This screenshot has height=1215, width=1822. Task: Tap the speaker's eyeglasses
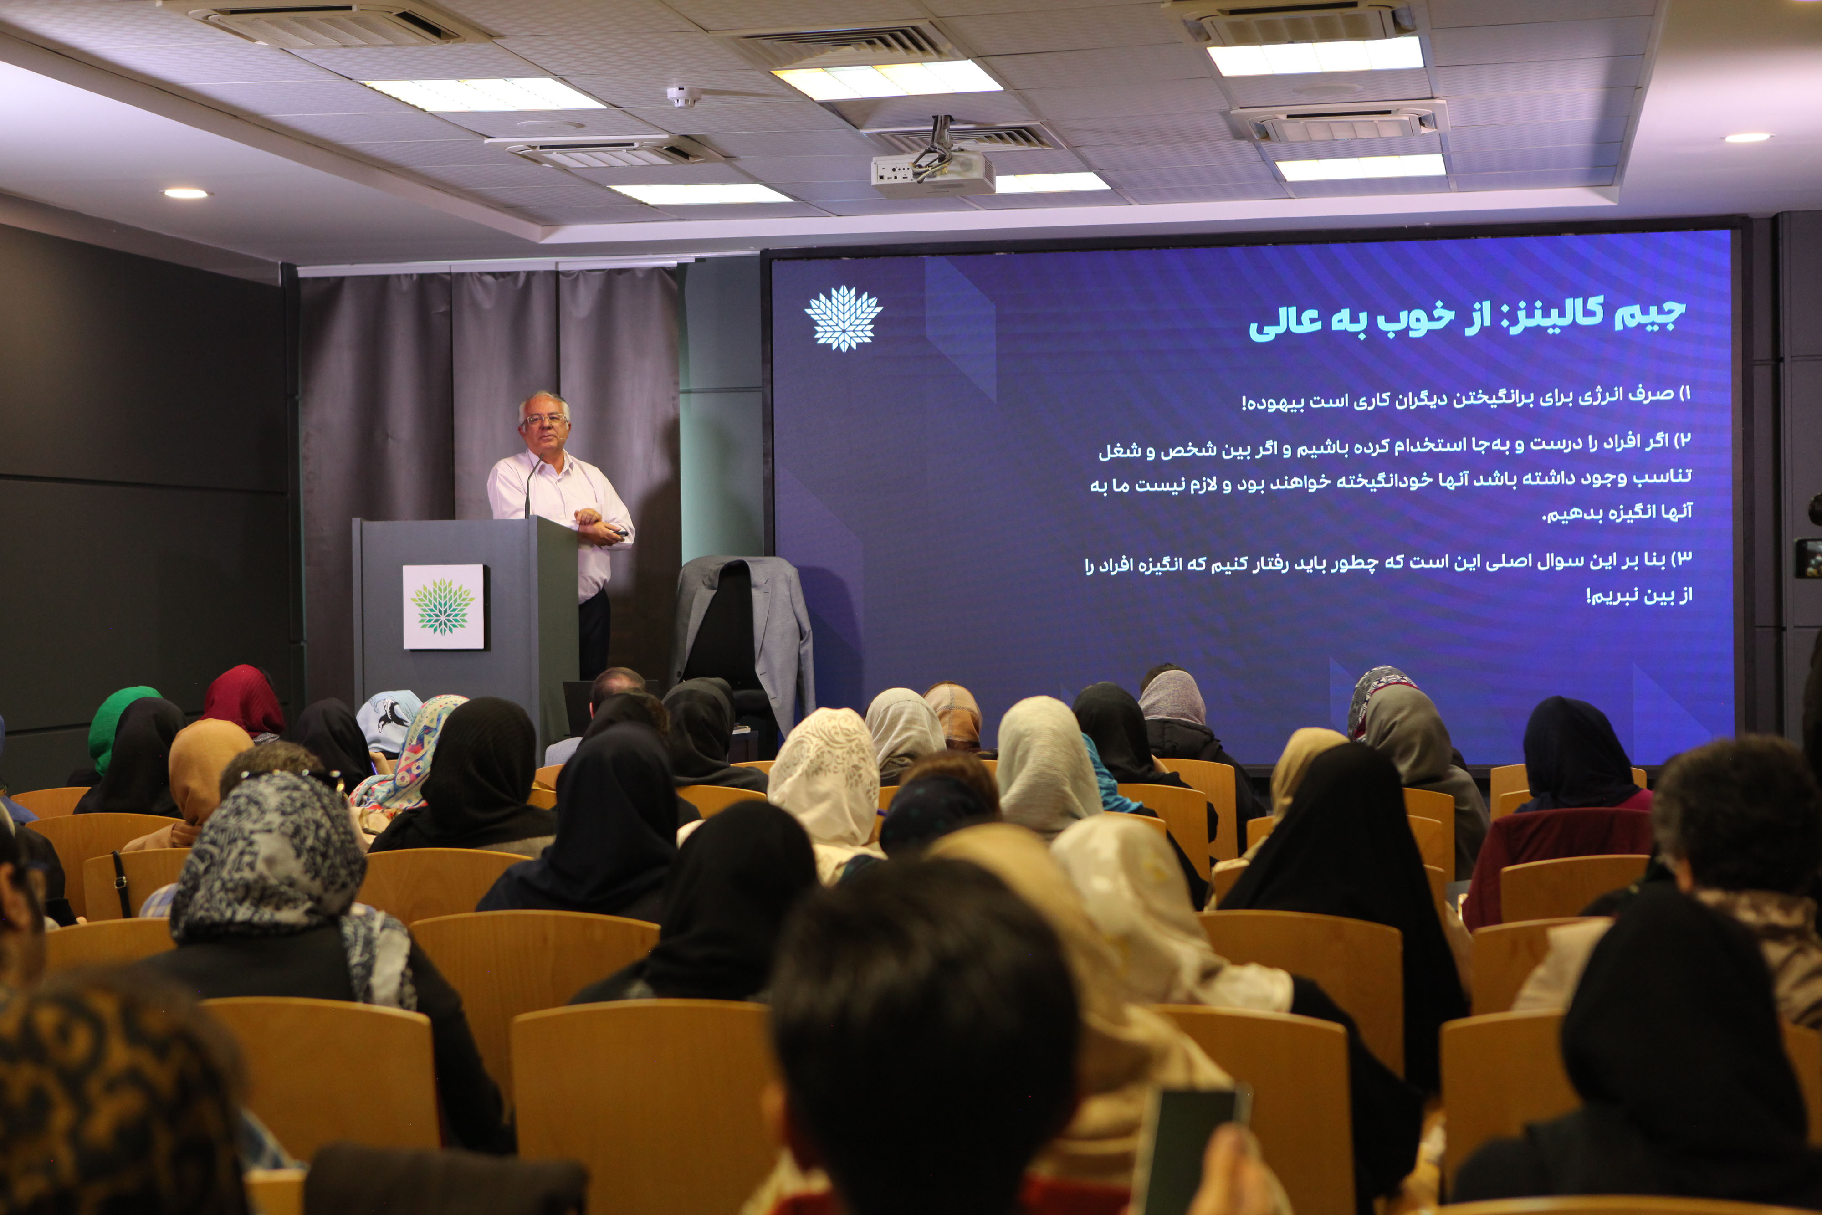coord(545,419)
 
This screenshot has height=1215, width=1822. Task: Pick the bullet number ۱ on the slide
coord(1684,395)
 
